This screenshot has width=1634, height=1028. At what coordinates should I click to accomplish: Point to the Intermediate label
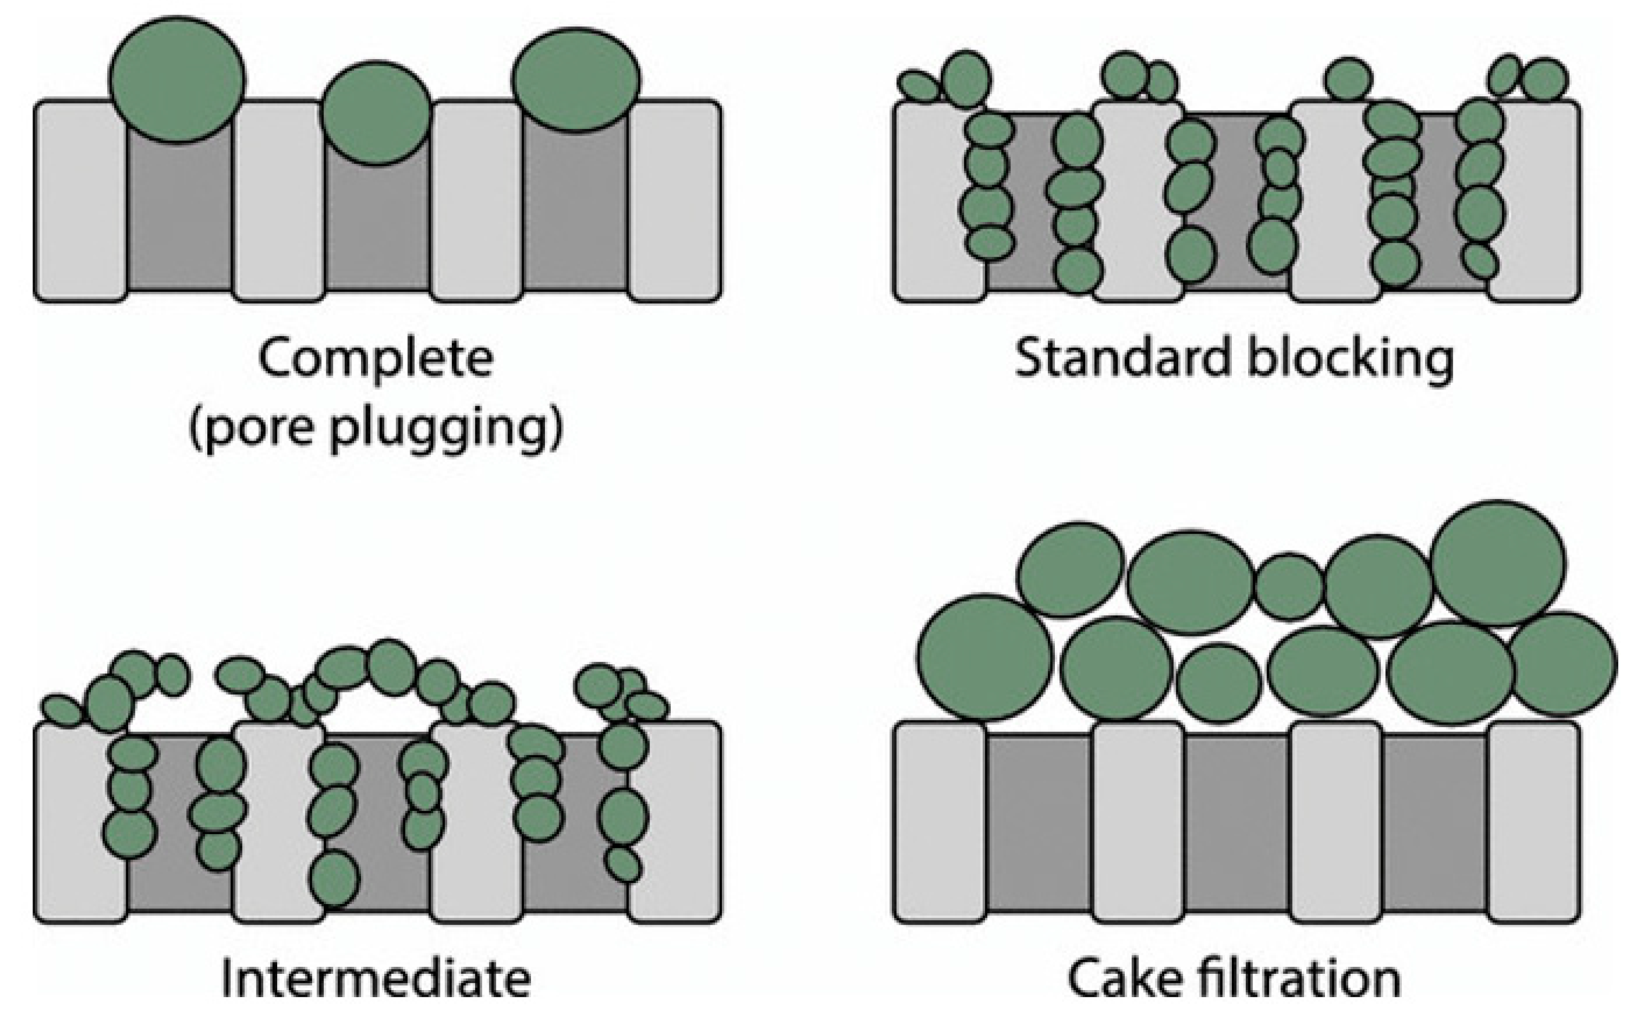375,978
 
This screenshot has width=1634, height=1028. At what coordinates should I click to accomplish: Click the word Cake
1126,978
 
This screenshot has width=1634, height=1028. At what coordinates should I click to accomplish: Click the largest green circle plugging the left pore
176,80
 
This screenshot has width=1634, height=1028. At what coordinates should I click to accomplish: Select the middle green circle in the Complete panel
375,113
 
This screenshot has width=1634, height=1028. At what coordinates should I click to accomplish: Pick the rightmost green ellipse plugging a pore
575,80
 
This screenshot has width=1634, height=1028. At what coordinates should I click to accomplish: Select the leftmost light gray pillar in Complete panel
80,201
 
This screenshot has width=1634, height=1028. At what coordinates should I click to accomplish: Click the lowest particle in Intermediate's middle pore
334,879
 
